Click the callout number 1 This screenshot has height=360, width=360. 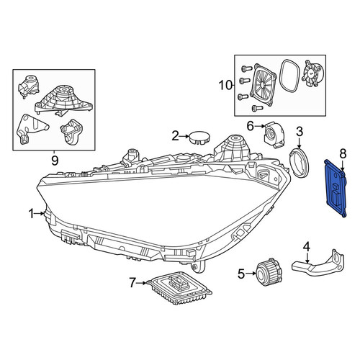tap(31, 213)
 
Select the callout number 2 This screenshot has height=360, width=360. tap(176, 136)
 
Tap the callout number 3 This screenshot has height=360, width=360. tap(300, 132)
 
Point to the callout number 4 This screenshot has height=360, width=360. tap(307, 247)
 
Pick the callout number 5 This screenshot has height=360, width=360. tap(241, 274)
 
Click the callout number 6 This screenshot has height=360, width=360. tap(250, 126)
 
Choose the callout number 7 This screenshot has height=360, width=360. tap(132, 283)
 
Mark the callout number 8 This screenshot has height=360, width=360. tap(343, 154)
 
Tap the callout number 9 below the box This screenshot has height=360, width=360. tap(55, 161)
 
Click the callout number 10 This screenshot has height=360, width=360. tap(225, 85)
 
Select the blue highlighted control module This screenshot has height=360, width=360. tap(336, 189)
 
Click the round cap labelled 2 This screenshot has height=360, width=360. tap(199, 138)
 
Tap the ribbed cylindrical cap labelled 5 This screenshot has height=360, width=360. tap(269, 272)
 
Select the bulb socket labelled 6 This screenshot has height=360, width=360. tap(274, 135)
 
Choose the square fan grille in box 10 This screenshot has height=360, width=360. tap(263, 84)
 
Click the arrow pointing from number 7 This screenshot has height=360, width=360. tap(141, 283)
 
